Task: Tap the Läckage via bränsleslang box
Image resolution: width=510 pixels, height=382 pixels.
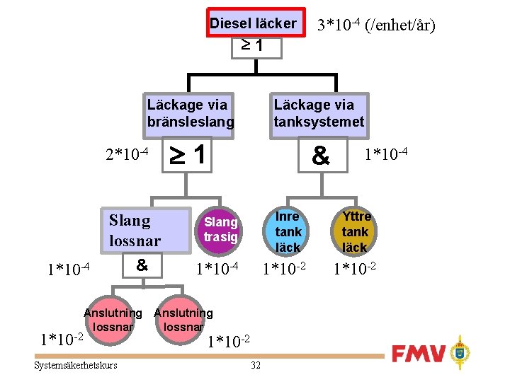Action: [x=189, y=113]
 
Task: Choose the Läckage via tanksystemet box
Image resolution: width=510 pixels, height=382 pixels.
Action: [x=319, y=113]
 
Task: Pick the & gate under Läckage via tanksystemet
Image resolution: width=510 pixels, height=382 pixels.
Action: [x=321, y=156]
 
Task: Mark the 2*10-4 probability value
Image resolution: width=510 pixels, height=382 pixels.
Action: [x=126, y=154]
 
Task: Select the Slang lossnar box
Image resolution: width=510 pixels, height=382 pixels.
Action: [x=135, y=231]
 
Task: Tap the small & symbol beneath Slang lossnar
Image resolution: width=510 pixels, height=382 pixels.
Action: [x=142, y=265]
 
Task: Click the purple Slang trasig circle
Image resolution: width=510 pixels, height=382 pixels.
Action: [x=220, y=229]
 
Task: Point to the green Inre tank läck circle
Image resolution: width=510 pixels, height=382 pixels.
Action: [x=288, y=231]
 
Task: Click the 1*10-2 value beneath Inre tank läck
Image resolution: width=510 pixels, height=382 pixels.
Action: [x=285, y=269]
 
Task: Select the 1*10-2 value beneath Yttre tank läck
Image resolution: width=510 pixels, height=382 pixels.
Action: [x=355, y=269]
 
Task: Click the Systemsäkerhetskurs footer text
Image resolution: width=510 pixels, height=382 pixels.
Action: [x=76, y=365]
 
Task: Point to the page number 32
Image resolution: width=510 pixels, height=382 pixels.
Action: [x=256, y=365]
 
